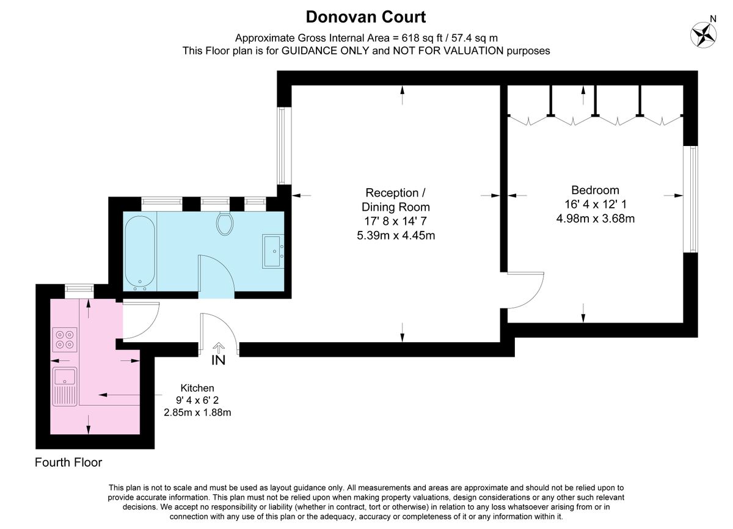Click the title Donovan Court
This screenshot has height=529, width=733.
366,16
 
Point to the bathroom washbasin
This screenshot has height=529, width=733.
273,250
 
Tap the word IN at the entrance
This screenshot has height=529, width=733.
218,360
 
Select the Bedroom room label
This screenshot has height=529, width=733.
595,190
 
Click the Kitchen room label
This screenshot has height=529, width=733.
197,388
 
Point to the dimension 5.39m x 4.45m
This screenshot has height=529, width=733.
396,235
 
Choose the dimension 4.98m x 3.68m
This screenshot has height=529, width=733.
595,218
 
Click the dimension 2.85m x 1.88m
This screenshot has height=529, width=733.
197,413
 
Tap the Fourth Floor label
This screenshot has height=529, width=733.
68,462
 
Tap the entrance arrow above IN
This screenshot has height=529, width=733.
218,347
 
